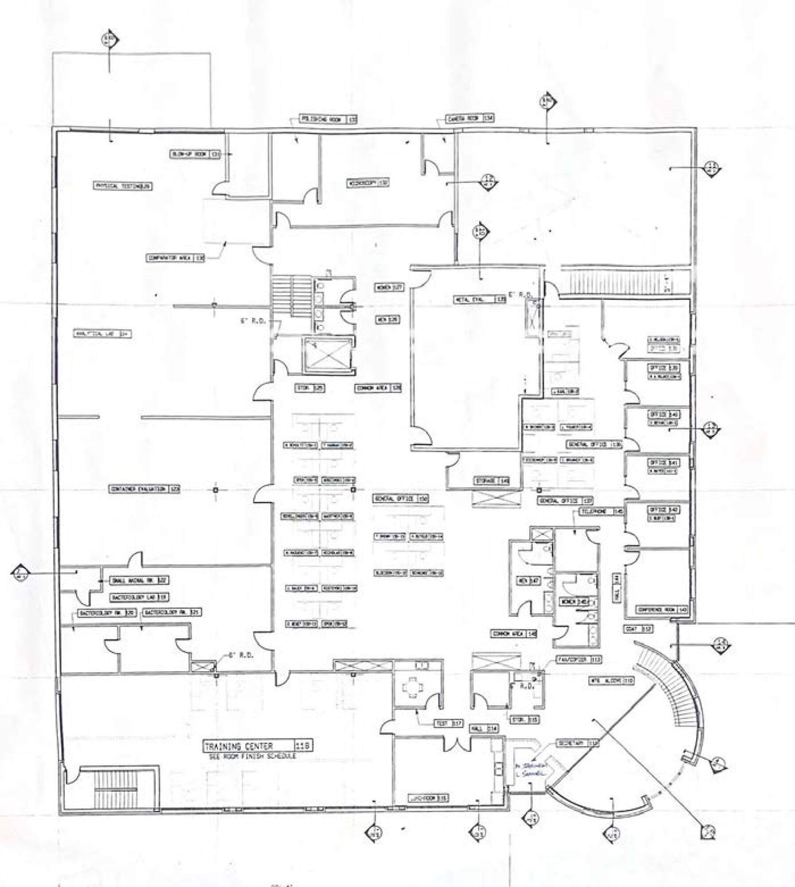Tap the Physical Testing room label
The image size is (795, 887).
122,186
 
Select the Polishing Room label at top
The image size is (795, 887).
329,119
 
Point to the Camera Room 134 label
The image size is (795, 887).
470,118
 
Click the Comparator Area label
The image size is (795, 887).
176,258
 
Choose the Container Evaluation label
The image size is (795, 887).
145,489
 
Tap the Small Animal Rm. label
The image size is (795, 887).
133,580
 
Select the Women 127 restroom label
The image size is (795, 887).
389,287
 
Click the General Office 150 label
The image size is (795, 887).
401,499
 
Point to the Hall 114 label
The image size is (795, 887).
484,729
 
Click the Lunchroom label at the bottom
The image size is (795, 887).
427,798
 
